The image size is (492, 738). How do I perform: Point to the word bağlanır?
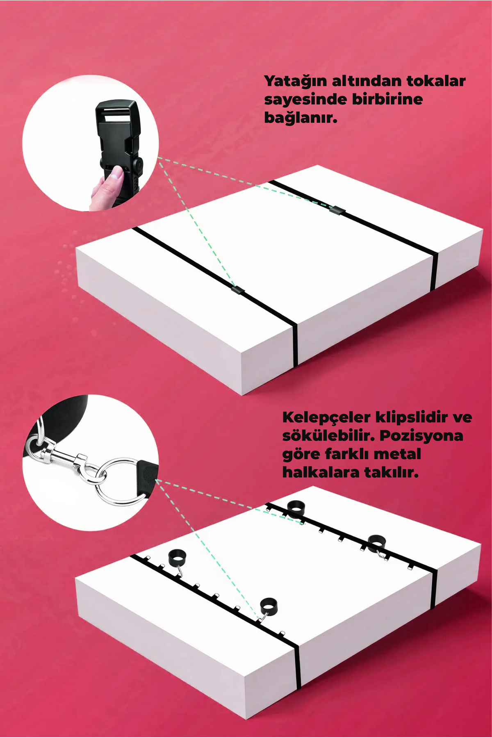pos(301,118)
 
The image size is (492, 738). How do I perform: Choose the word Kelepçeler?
pos(326,417)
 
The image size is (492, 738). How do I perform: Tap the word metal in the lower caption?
pos(397,454)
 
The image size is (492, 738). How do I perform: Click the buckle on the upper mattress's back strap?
pos(337,210)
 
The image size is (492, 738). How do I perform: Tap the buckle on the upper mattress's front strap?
pos(237,290)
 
